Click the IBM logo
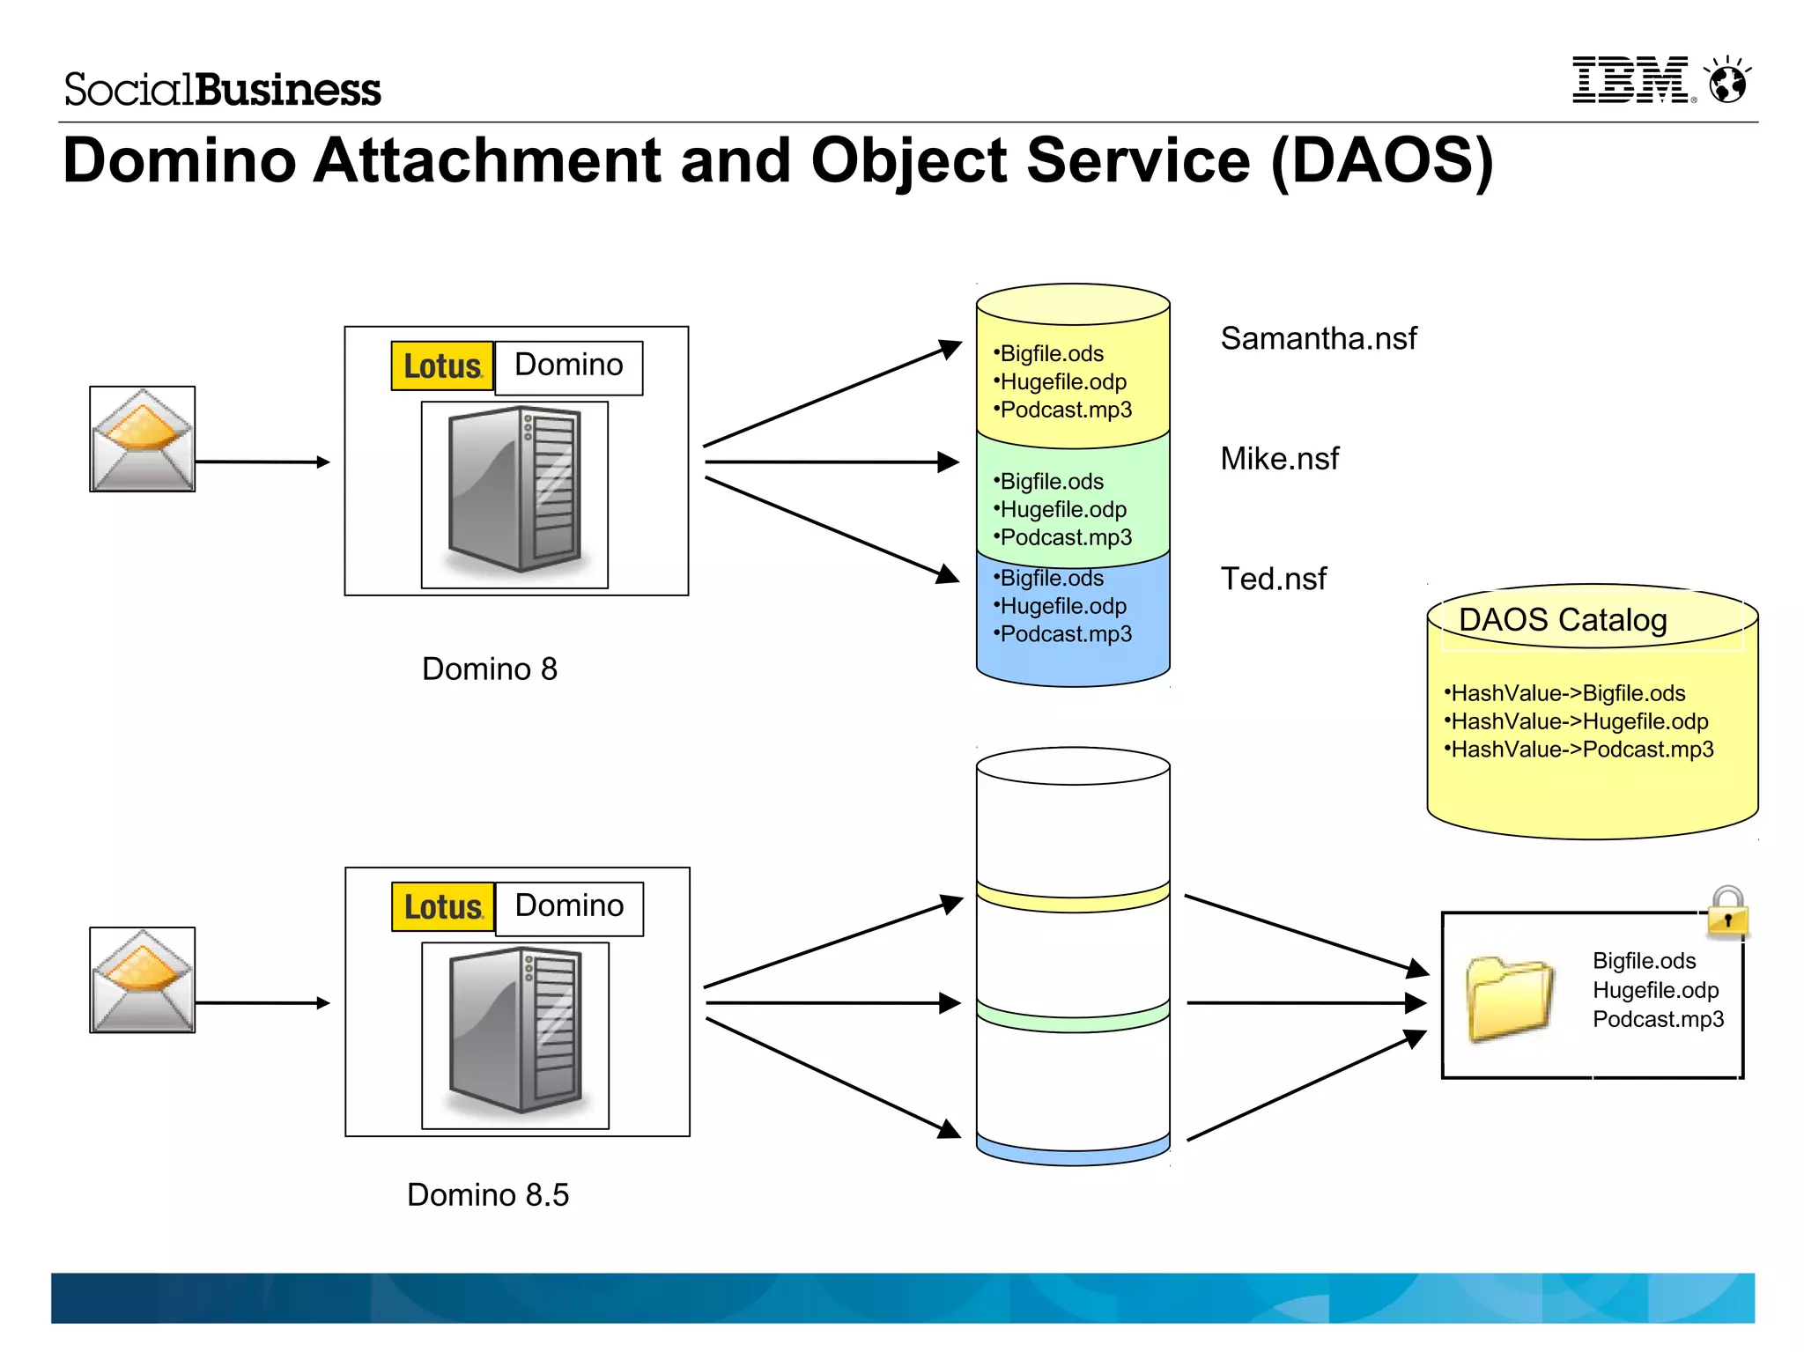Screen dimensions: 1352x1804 tap(1631, 80)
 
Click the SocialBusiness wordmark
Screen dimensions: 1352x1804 tap(222, 90)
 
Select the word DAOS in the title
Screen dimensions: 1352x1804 tap(1381, 161)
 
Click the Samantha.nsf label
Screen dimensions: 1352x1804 tap(1318, 338)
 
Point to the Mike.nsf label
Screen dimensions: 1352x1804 tap(1279, 459)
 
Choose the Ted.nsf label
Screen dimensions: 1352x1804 tap(1273, 579)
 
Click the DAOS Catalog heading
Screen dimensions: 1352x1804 tap(1563, 620)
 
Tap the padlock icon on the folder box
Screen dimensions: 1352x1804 tap(1727, 912)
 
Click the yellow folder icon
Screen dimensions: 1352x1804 tap(1509, 999)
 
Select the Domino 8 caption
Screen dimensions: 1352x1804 tap(489, 669)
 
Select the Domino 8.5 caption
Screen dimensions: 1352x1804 tap(487, 1195)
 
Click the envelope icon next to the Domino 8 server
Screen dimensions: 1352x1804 tap(142, 439)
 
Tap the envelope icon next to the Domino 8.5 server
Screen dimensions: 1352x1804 tap(142, 979)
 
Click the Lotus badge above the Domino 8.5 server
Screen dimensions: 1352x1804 tap(442, 907)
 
